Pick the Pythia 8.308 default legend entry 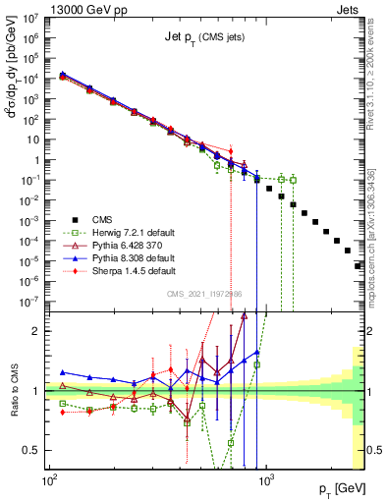[x=123, y=255]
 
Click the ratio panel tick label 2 [x=36, y=331]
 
